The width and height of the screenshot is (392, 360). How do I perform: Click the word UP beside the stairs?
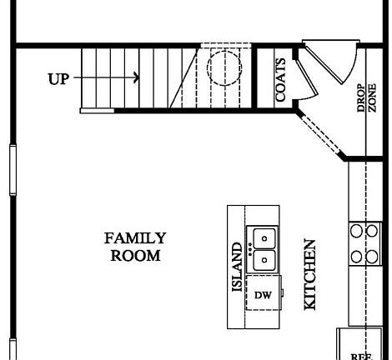(x=59, y=78)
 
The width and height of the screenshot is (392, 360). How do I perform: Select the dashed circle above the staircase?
(x=223, y=67)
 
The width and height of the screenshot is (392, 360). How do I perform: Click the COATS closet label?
(x=280, y=80)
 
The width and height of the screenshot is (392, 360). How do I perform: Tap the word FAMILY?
(x=135, y=238)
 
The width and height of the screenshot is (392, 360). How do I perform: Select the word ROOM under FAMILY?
(x=135, y=256)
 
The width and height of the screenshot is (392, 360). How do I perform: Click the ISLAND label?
(x=237, y=267)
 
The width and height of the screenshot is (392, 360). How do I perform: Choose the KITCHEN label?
(x=309, y=275)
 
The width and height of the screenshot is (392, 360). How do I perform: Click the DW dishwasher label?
(x=263, y=295)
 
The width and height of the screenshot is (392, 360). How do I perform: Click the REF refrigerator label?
(x=361, y=356)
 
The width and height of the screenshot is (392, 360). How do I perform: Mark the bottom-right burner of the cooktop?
(x=371, y=257)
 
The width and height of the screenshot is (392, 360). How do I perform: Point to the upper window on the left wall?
(x=11, y=170)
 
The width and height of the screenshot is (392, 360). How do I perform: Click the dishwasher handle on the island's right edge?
(x=282, y=294)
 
